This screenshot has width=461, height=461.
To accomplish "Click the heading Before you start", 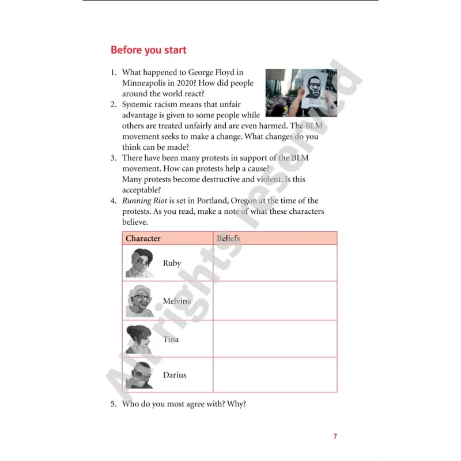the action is click(149, 50).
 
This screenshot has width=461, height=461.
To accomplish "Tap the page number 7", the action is click(335, 436).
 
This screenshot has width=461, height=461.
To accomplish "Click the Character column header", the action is click(143, 238).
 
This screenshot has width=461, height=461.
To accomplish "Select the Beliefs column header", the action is click(228, 238).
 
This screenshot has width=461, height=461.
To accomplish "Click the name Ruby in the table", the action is click(172, 263).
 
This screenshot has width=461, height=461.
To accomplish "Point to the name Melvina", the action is click(177, 301).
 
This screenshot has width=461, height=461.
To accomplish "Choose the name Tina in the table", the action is click(171, 339).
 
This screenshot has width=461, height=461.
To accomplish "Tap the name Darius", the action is click(175, 375).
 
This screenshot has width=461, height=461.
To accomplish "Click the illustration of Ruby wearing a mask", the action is click(139, 263).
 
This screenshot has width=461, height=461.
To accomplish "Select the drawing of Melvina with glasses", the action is click(139, 301).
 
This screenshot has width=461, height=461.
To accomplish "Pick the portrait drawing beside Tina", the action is click(139, 339).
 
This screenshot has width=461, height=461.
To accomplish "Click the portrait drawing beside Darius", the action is click(139, 375).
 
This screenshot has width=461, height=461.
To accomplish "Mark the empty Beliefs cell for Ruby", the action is click(275, 263).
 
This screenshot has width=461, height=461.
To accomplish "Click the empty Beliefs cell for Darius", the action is click(275, 375).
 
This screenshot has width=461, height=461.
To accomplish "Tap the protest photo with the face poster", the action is click(301, 93).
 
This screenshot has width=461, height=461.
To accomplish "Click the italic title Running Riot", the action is click(145, 201).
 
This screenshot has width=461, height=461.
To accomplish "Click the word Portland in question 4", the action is click(212, 201).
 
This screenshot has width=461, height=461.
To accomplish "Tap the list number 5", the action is click(114, 404).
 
